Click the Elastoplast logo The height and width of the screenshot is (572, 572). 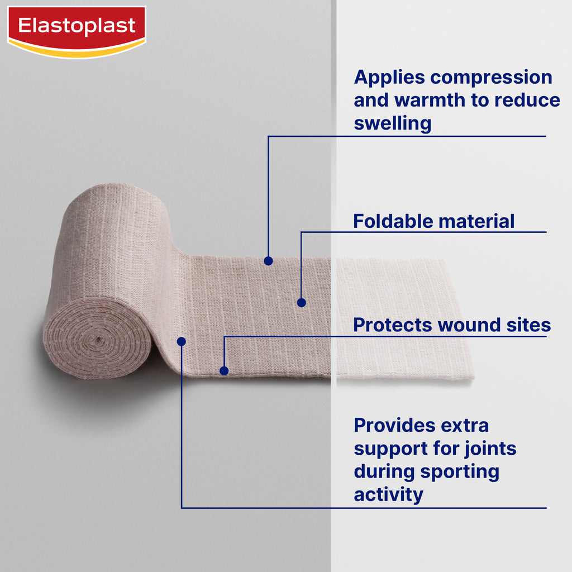[77, 32]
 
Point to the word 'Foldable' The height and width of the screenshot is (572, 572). [393, 221]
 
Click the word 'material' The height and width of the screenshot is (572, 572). [476, 221]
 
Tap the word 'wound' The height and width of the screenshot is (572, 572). [469, 325]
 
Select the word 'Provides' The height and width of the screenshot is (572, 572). [395, 425]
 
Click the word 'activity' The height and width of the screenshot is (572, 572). [389, 495]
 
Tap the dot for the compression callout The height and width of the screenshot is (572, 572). [268, 261]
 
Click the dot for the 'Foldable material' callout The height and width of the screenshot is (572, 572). [301, 302]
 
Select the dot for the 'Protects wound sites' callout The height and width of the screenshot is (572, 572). [224, 371]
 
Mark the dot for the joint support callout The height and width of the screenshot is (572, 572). [182, 341]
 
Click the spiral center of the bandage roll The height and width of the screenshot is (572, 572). [97, 340]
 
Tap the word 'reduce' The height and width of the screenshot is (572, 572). [527, 100]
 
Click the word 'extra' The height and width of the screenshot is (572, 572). [465, 425]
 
